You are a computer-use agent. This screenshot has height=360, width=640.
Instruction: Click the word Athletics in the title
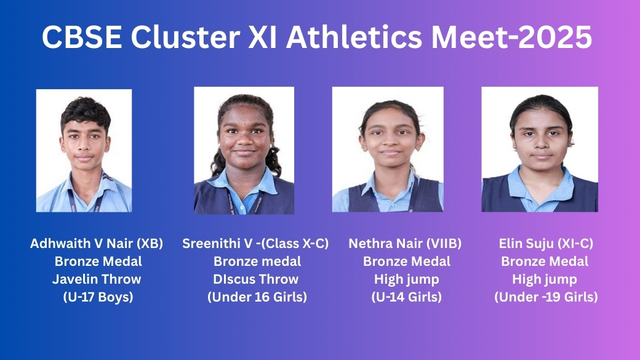point(354,37)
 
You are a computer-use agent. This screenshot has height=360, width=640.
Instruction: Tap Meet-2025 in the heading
point(511,37)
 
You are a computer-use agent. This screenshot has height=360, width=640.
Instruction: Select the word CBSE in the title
point(82,37)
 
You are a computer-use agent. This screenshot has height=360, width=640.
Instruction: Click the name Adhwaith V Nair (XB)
point(97,244)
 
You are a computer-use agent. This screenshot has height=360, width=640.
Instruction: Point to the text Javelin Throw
point(97,279)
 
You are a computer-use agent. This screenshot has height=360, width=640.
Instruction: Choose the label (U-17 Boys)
point(98,297)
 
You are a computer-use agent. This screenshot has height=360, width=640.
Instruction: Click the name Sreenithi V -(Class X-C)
point(255,244)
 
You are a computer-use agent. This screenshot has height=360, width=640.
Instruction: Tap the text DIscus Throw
point(256,279)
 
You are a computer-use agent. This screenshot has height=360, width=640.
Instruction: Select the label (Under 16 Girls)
point(257,297)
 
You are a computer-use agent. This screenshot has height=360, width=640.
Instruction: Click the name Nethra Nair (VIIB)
point(406,244)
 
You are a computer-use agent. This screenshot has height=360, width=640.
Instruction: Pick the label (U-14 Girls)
point(407,297)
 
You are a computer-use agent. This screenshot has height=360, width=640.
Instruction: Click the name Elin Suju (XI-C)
point(546,244)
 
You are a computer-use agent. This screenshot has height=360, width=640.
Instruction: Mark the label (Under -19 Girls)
point(546,297)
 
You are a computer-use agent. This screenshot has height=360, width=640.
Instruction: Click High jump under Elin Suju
point(545,279)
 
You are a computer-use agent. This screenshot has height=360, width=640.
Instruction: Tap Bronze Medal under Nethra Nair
point(407,261)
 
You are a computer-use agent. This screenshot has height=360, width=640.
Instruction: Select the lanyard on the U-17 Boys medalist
point(85,196)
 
